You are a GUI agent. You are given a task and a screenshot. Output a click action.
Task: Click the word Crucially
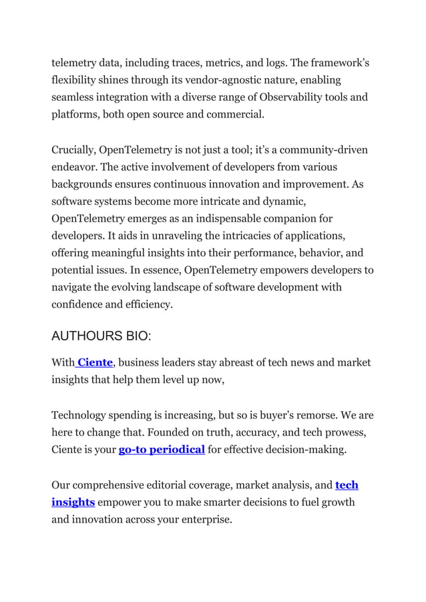click(73, 149)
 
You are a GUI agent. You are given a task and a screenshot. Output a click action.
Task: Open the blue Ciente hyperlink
click(95, 363)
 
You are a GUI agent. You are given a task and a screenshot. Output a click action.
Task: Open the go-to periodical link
click(162, 450)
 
